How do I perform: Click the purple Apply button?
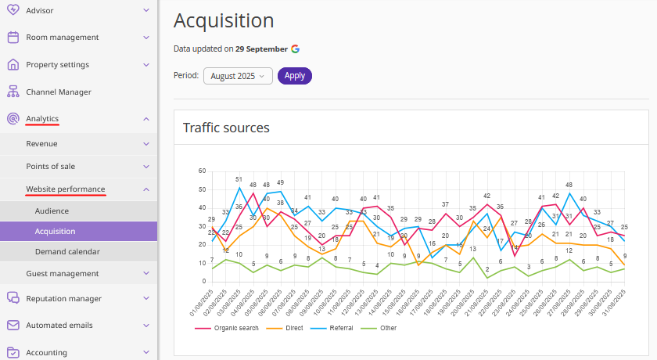(294, 76)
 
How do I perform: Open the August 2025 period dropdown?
(238, 76)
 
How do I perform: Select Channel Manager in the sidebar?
(58, 92)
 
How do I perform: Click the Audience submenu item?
(52, 211)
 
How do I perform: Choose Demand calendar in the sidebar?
(67, 251)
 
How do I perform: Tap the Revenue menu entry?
(41, 144)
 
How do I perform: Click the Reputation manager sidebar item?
(63, 298)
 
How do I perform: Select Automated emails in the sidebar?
(59, 325)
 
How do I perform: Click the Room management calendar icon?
(13, 37)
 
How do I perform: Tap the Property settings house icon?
(13, 64)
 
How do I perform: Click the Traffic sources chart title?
(226, 128)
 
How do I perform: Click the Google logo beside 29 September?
(296, 49)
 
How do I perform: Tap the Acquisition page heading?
(224, 20)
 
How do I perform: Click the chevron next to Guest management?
(146, 273)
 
